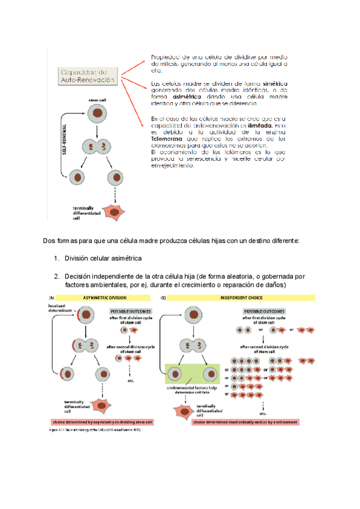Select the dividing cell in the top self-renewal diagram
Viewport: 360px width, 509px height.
(97, 146)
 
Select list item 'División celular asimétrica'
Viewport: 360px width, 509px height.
(103, 258)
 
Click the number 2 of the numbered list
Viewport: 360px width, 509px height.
(55, 276)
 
